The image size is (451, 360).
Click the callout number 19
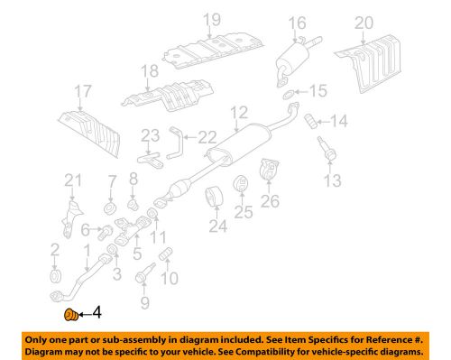pyautogui.click(x=211, y=19)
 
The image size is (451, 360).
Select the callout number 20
pyautogui.click(x=389, y=23)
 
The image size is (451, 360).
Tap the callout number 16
pyautogui.click(x=298, y=23)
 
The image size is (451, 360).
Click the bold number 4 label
pyautogui.click(x=97, y=314)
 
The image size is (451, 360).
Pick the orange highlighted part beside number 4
pyautogui.click(x=68, y=315)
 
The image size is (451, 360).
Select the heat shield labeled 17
pyautogui.click(x=91, y=128)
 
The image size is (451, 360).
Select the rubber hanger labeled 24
pyautogui.click(x=216, y=198)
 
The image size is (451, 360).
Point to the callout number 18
pyautogui.click(x=148, y=70)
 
